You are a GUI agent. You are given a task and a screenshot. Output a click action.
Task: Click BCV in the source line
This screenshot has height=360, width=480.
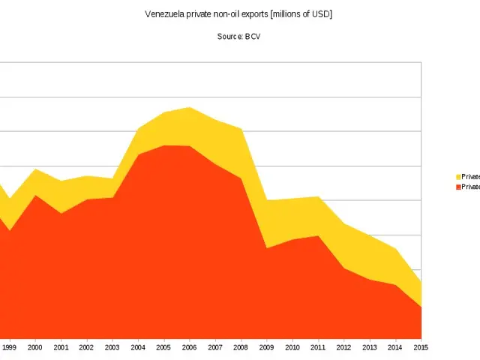[x=252, y=37]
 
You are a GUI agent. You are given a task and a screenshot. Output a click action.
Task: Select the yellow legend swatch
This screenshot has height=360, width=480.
[x=458, y=177]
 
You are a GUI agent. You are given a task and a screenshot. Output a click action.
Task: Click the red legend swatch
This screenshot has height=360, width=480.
[x=458, y=187]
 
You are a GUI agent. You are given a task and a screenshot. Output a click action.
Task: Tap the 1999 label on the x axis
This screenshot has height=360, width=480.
[x=10, y=348]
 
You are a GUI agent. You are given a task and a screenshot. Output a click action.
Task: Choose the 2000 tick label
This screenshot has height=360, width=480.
[x=35, y=348]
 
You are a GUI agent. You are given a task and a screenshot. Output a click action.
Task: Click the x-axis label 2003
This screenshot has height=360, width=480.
[x=112, y=348]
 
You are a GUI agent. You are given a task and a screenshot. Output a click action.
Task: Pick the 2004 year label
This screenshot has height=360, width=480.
[x=138, y=348]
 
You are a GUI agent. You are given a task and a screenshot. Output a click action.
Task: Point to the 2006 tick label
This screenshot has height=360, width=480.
[x=190, y=348]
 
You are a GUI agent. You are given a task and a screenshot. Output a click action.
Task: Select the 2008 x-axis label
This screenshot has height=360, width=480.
[x=241, y=348]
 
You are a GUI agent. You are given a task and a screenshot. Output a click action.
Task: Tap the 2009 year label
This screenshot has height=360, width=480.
[x=267, y=348]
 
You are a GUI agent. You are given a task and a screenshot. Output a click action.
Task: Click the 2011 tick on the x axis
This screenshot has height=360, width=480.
[x=319, y=348]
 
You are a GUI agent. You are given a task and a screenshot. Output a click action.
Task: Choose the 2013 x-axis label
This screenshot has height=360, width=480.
[x=370, y=348]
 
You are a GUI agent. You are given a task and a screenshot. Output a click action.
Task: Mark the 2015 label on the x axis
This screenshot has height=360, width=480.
[x=421, y=348]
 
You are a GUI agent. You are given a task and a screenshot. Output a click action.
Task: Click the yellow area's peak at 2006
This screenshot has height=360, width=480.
[x=190, y=107]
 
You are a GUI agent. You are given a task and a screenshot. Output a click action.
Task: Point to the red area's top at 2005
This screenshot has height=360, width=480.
[x=164, y=145]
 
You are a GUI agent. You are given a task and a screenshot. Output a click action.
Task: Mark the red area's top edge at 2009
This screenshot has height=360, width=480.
[x=267, y=248]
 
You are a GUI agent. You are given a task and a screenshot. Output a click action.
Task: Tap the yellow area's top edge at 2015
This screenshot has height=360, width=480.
[x=421, y=282]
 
